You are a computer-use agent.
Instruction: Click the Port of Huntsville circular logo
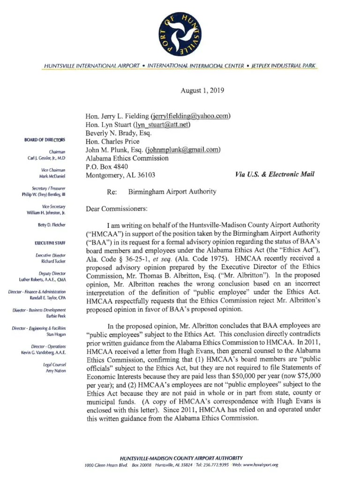pos(180,33)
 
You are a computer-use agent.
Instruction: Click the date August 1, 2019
pos(202,90)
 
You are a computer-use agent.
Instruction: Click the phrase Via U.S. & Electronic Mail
pos(274,175)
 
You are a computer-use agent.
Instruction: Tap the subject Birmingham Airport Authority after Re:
pos(172,191)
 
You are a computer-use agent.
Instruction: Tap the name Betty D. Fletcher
pos(52,225)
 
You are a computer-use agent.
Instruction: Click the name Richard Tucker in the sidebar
pos(53,261)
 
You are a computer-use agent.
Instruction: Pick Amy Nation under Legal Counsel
pos(57,371)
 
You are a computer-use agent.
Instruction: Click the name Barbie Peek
pos(56,316)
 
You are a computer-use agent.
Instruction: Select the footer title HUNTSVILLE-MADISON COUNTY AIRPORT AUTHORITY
pos(181,457)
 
